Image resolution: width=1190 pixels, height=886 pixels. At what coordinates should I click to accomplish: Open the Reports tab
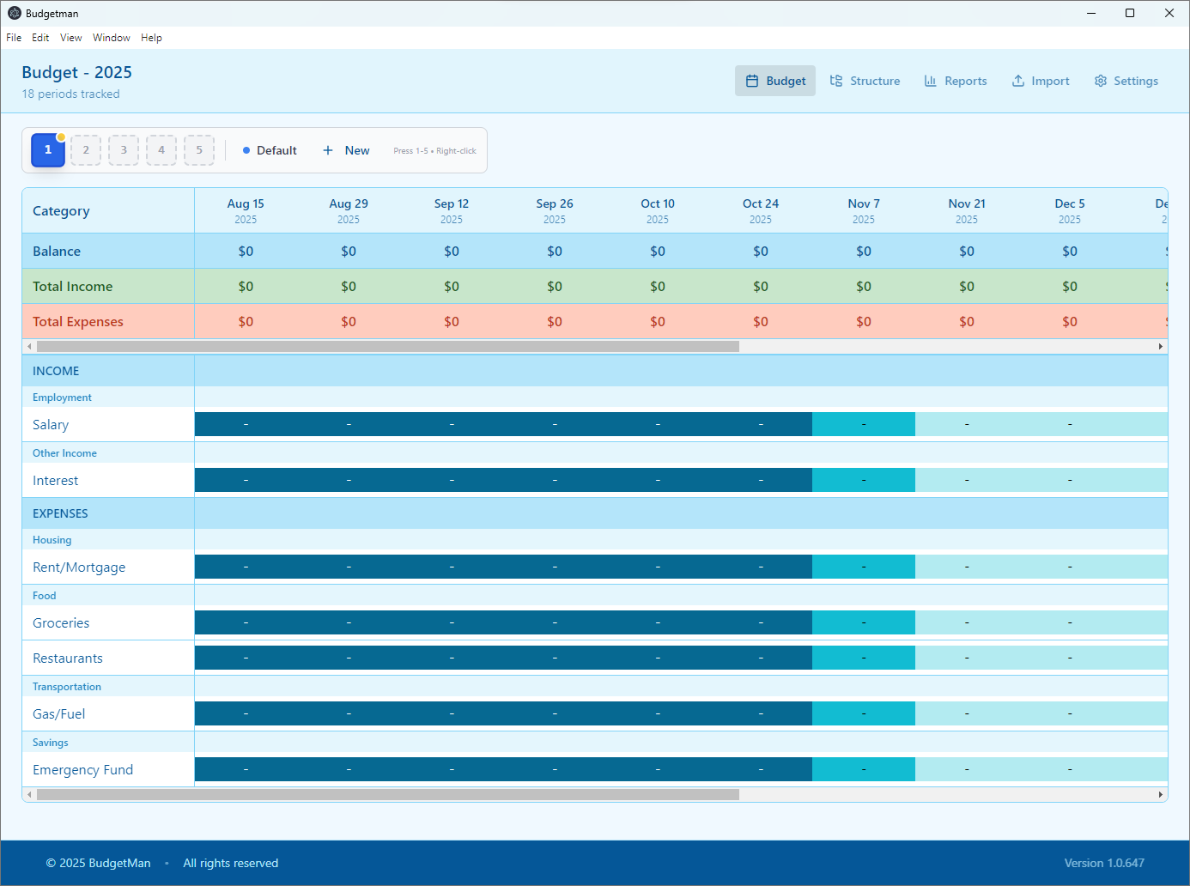click(x=956, y=81)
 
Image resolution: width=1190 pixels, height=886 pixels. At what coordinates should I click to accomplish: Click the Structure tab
click(x=865, y=81)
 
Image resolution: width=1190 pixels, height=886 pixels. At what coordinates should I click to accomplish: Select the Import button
click(x=1041, y=81)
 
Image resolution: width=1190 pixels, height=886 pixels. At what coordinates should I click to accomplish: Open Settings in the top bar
click(x=1126, y=81)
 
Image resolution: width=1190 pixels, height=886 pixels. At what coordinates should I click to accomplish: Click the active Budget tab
click(x=775, y=81)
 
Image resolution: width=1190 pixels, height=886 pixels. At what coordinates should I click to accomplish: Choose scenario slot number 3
click(x=124, y=150)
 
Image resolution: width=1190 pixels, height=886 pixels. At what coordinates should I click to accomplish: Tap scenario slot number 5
click(x=199, y=150)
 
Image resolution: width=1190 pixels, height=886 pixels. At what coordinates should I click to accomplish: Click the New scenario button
click(x=346, y=150)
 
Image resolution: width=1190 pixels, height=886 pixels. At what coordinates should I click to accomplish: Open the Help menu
click(x=151, y=38)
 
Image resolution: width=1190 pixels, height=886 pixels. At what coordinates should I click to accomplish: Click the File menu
click(x=14, y=38)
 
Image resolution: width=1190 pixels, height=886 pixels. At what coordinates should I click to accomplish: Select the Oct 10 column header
click(x=658, y=210)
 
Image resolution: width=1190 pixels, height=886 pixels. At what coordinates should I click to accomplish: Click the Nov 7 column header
click(x=864, y=210)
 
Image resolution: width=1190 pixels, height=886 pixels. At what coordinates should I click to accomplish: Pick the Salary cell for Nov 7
click(x=864, y=424)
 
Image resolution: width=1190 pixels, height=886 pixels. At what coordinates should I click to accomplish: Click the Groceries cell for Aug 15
click(x=246, y=622)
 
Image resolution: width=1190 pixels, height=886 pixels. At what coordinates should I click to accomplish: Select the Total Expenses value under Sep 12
click(x=452, y=322)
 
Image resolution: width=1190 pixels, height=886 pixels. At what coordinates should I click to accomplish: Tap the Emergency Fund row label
click(x=83, y=770)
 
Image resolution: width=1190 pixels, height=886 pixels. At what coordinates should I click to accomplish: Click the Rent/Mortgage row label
click(x=79, y=567)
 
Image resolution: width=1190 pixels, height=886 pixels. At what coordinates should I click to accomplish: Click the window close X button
click(x=1169, y=13)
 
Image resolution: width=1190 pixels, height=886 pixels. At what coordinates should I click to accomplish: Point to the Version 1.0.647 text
click(x=1104, y=863)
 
